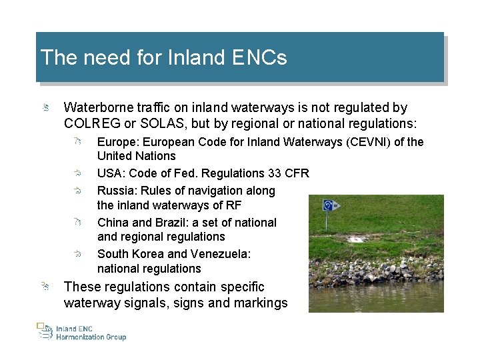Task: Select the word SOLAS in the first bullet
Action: point(159,123)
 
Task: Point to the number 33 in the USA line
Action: point(275,173)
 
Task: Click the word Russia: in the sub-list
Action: point(117,191)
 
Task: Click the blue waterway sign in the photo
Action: point(329,205)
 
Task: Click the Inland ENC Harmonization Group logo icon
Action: point(44,331)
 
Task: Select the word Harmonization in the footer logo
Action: point(81,337)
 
